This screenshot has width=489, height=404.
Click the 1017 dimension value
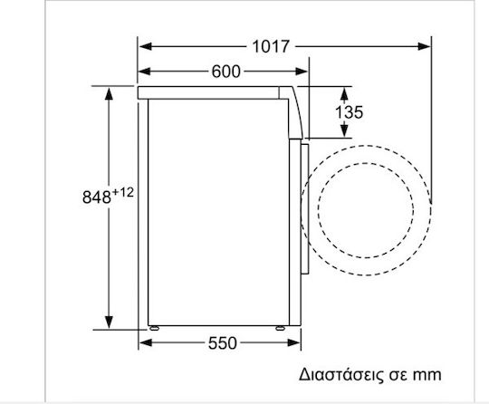[271, 47]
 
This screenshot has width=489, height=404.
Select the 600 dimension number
[226, 72]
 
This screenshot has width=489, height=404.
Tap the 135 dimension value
[349, 112]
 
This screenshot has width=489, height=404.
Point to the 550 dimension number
[223, 343]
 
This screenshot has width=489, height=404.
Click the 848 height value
[97, 197]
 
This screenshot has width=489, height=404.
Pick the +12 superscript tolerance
[123, 192]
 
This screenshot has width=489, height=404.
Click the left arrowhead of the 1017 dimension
[145, 47]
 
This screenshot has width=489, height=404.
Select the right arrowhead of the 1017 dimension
[424, 47]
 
